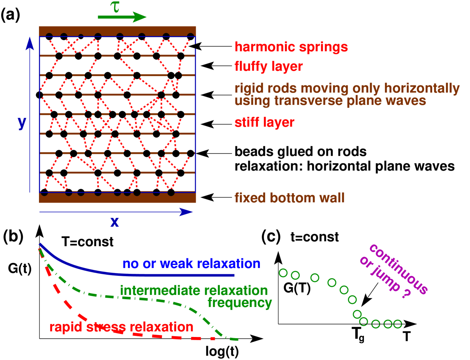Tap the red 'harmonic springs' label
click(291, 47)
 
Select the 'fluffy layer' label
click(269, 67)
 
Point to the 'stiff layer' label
click(264, 122)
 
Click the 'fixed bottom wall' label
click(289, 198)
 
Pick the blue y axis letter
click(22, 123)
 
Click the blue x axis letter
click(115, 222)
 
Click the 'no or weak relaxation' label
click(191, 264)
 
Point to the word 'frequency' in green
click(240, 303)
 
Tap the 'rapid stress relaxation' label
click(121, 327)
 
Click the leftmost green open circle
click(283, 273)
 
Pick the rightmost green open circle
click(397, 324)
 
